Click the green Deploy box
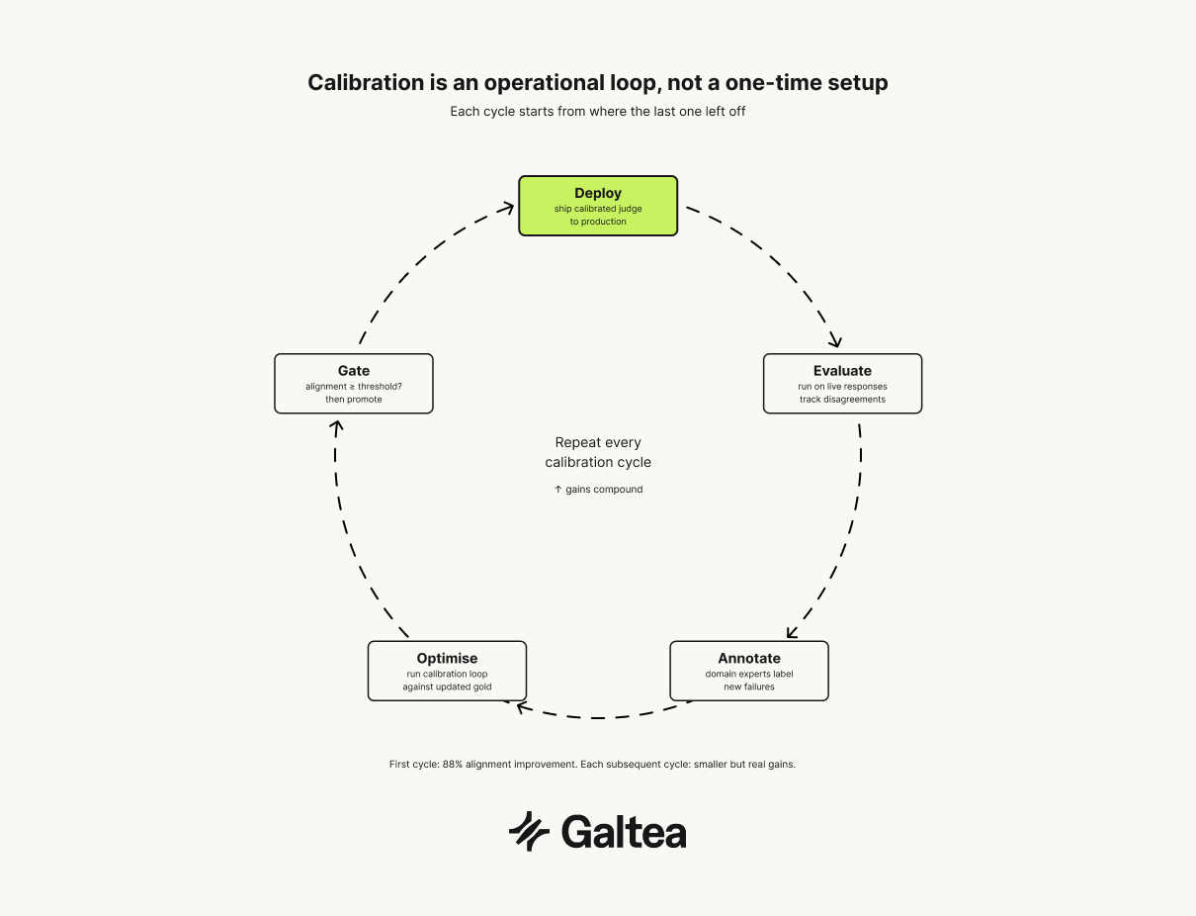tap(598, 206)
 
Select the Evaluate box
tap(842, 384)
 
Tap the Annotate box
tap(749, 671)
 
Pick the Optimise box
tap(447, 671)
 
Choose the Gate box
tap(354, 384)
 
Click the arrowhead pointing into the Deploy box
tap(508, 207)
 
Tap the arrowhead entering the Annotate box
tap(792, 633)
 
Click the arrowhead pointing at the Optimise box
tap(510, 704)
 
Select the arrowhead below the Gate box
tap(336, 426)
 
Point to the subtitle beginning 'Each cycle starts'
tap(598, 112)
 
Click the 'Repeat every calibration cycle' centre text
tap(598, 452)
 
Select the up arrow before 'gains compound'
tap(557, 489)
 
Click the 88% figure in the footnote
tap(453, 765)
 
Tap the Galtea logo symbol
tap(530, 831)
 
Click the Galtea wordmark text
tap(624, 832)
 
